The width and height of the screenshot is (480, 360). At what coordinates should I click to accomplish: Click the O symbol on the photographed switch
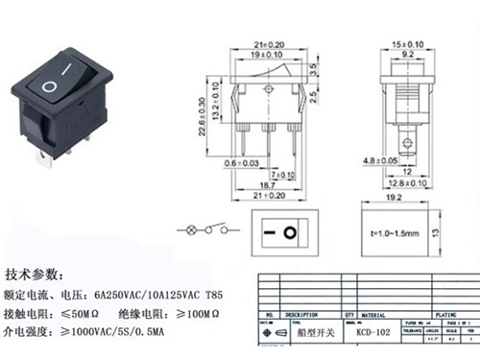point(48,87)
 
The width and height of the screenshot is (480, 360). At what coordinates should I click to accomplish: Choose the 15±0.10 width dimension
point(406,43)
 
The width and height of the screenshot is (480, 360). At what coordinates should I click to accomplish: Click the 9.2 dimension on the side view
point(406,56)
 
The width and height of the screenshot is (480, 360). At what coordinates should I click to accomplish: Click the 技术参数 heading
point(37,273)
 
